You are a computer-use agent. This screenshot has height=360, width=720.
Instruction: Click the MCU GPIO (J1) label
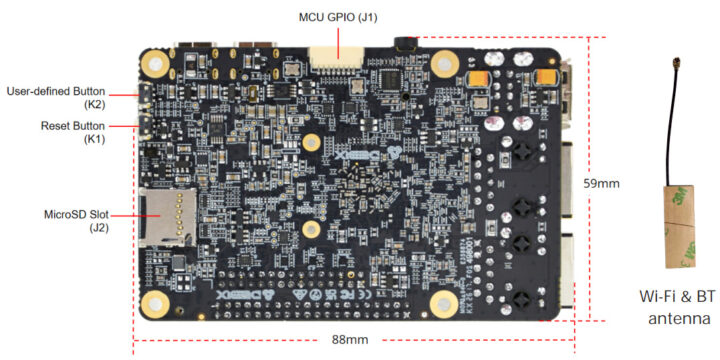[338, 18]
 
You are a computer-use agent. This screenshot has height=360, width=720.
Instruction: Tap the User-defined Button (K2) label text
[56, 97]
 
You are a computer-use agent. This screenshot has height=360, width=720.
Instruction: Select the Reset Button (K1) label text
[73, 132]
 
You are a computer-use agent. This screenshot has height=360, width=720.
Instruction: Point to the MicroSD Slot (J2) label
[77, 220]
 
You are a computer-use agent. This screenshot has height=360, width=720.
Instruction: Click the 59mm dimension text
[602, 184]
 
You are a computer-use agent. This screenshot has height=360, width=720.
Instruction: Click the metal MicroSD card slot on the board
[168, 217]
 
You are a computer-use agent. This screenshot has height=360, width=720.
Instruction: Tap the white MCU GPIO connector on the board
[337, 59]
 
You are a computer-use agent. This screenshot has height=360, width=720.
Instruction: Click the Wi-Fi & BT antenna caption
[681, 307]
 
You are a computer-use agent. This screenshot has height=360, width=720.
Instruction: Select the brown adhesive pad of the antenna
[680, 226]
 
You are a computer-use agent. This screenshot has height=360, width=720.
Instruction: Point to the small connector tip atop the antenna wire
[675, 62]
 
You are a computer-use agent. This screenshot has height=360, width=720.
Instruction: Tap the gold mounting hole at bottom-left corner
[156, 303]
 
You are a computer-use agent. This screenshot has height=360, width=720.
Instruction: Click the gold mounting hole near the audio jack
[444, 63]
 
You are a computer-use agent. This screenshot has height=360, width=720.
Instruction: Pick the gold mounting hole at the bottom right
[443, 303]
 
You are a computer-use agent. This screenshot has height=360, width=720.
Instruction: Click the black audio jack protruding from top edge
[406, 43]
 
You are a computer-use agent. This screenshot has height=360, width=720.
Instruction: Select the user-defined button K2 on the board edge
[144, 95]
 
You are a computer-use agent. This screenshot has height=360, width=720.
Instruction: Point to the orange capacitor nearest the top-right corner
[546, 77]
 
